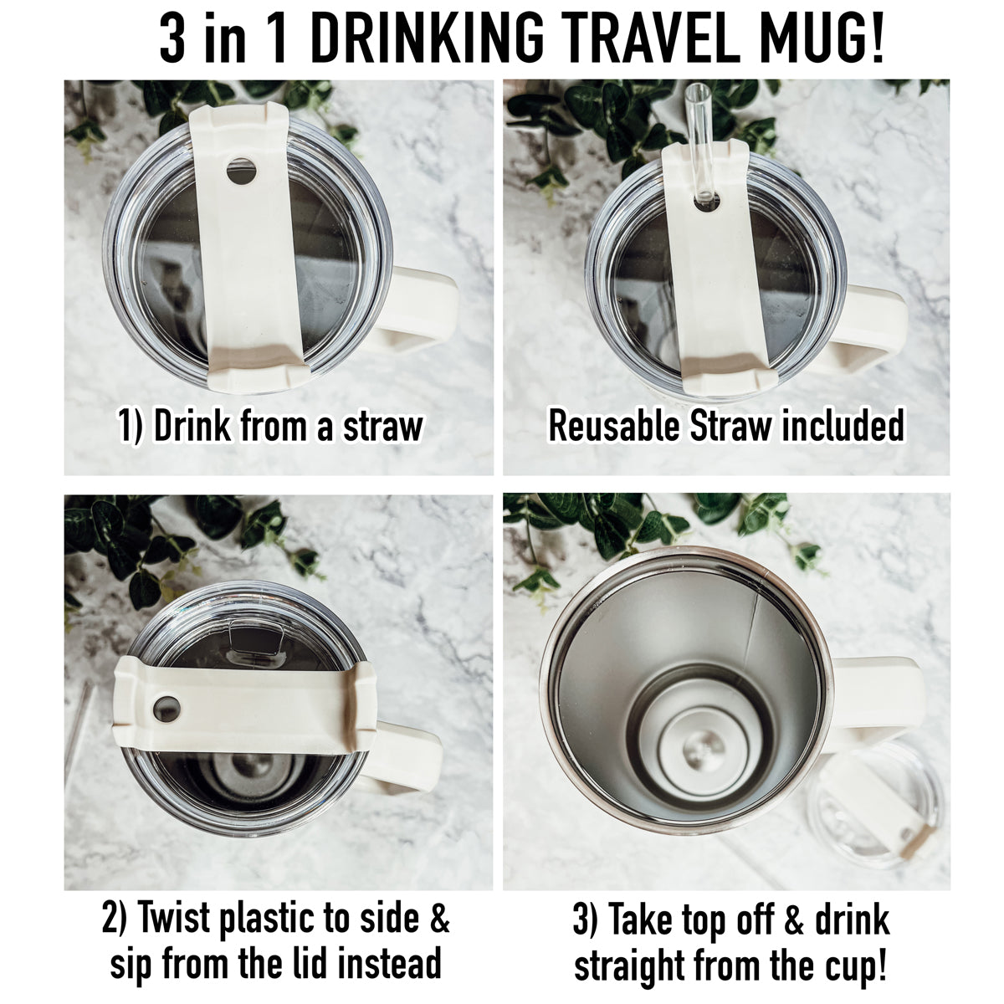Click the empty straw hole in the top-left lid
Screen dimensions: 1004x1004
[242, 172]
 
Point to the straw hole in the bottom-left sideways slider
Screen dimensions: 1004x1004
[167, 708]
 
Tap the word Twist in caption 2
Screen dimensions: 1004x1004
[175, 919]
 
